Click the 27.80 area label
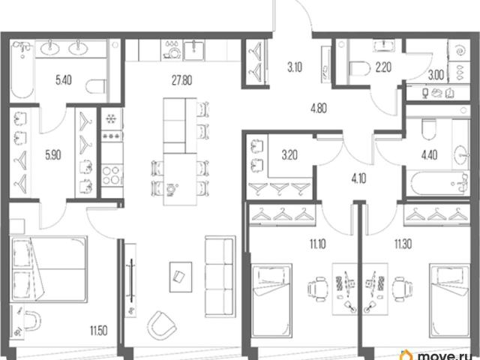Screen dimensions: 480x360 pos(181,80)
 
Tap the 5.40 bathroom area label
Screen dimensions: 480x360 pos(64,80)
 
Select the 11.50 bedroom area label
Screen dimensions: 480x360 pos(98,331)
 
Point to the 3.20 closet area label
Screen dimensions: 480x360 pos(289,155)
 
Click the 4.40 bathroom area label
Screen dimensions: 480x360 pos(429,155)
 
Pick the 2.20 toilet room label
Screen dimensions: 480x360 pos(383,67)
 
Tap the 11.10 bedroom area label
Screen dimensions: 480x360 pos(318,244)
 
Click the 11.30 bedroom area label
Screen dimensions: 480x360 pos(403,244)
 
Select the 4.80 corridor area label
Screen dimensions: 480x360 pos(318,108)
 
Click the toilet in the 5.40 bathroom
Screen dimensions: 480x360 pos(96,87)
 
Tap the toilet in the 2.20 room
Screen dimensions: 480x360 pos(359,68)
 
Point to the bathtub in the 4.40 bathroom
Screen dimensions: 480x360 pos(439,183)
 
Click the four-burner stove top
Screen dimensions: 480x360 pos(112,175)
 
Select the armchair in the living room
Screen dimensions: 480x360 pos(162,325)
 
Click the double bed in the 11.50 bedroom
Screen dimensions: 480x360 pos(49,269)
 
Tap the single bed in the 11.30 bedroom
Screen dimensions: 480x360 pos(449,301)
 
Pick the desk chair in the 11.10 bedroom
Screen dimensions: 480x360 pos(317,289)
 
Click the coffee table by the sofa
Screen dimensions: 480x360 pos(181,277)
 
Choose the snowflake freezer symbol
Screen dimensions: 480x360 pos(110,118)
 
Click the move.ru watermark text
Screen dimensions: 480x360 pos(446,355)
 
